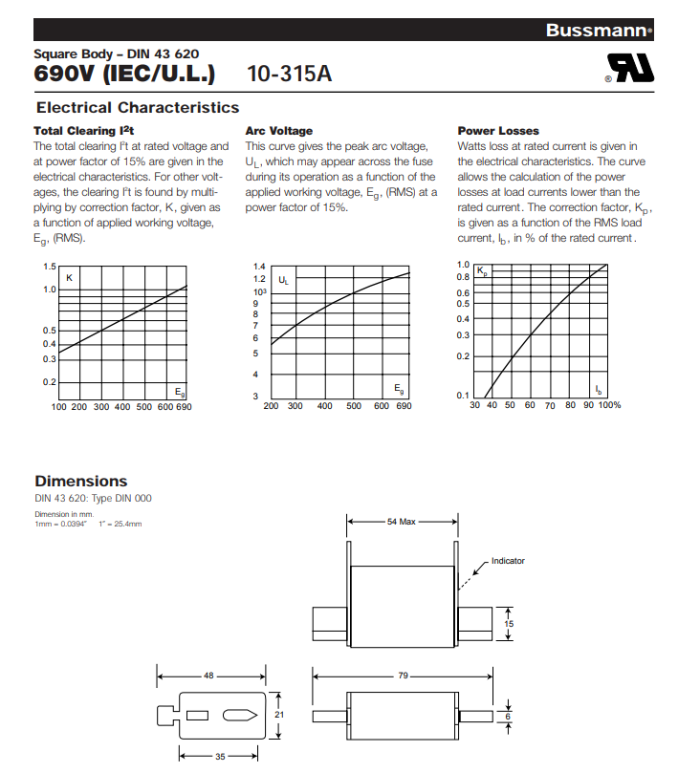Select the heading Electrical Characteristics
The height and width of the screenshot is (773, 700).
137,108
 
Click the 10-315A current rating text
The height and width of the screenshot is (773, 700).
289,74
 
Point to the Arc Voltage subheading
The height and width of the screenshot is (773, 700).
278,131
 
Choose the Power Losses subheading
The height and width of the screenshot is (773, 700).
498,131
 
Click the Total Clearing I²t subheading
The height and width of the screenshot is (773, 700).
84,131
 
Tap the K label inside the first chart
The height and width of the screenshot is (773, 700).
69,277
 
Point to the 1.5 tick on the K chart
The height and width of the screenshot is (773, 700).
49,266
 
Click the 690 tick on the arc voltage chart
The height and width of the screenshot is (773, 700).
404,406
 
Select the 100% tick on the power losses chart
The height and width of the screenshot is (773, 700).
610,405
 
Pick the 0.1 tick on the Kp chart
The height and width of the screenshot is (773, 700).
463,396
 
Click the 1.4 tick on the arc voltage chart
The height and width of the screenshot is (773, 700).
259,267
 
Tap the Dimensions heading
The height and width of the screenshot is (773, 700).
80,482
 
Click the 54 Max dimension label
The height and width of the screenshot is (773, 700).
402,523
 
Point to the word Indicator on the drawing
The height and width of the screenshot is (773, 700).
508,561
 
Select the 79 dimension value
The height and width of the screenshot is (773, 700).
403,676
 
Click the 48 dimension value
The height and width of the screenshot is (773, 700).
208,676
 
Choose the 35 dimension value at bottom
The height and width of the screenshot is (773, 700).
219,756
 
